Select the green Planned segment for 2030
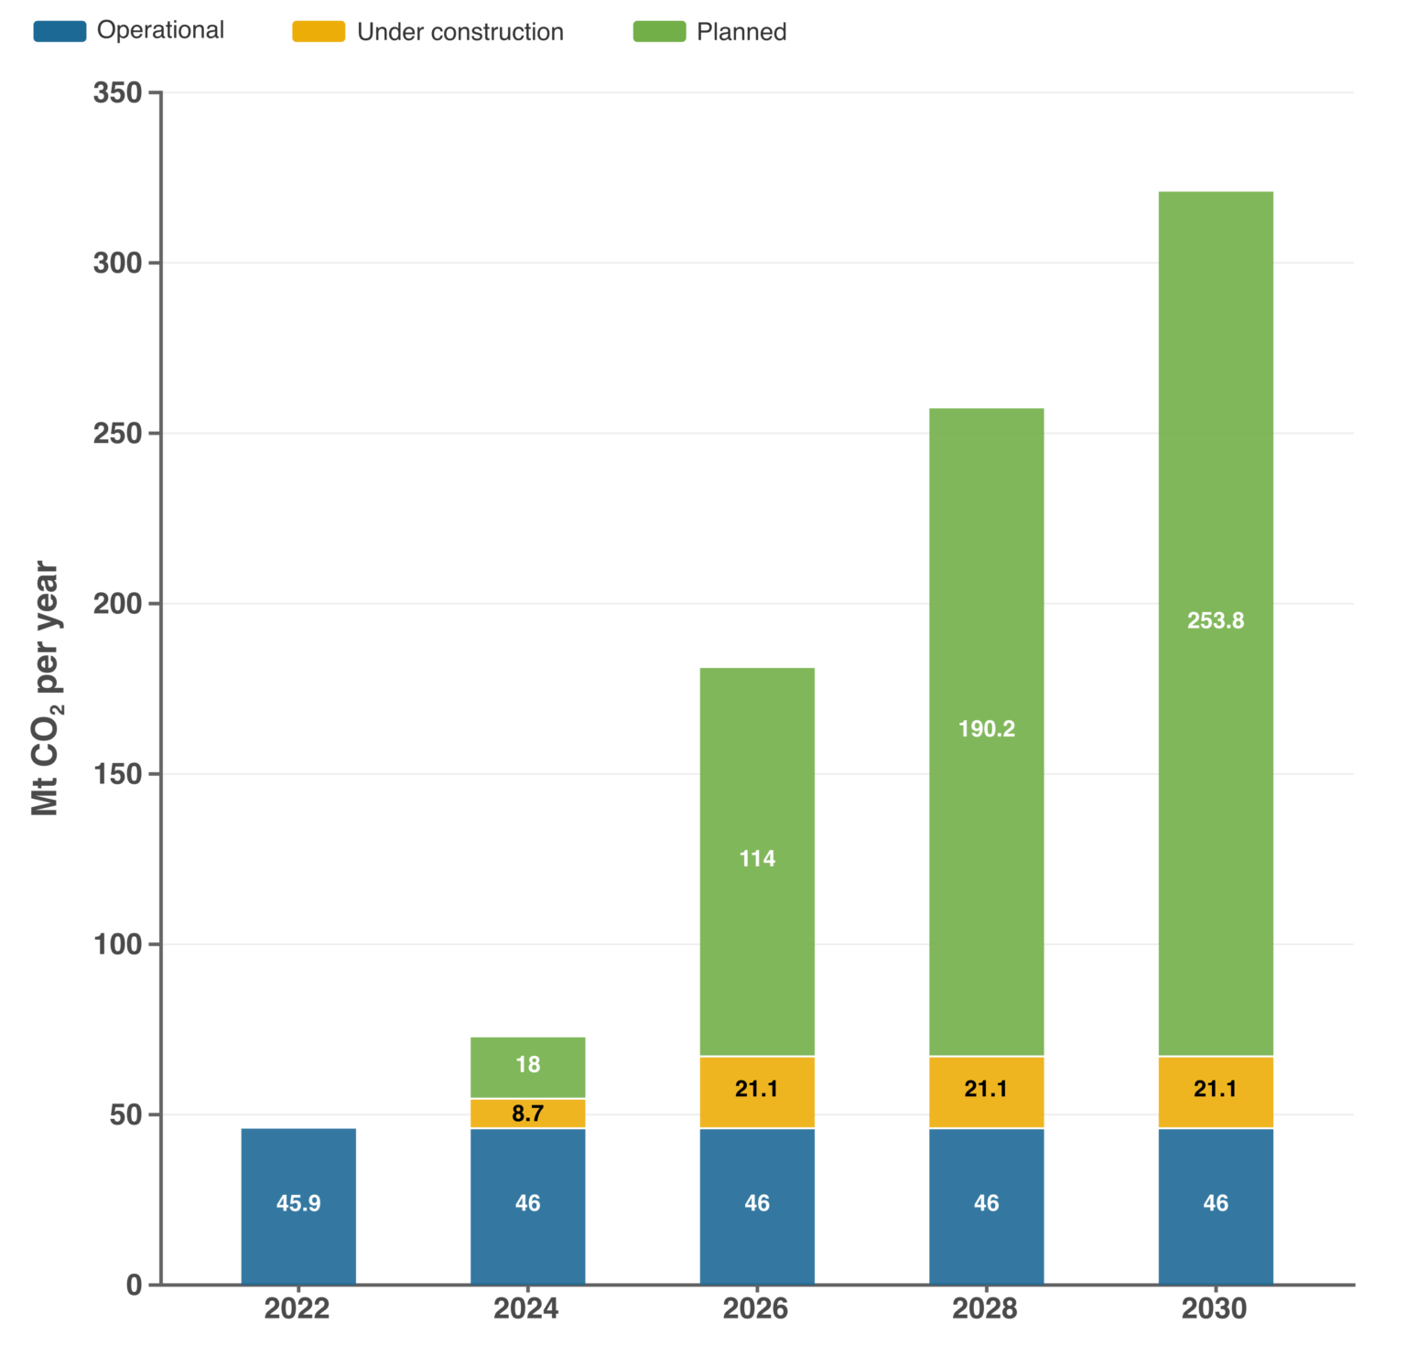[x=1216, y=457]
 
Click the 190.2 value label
[x=986, y=728]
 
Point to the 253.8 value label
[x=1216, y=620]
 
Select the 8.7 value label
[x=527, y=1114]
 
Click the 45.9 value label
[x=298, y=1203]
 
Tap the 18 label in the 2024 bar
[x=527, y=1064]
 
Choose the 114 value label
[x=757, y=858]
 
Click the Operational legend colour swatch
[x=59, y=31]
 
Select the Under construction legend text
[x=460, y=32]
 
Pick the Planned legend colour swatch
[x=659, y=31]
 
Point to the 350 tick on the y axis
[x=118, y=92]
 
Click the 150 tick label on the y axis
[x=118, y=774]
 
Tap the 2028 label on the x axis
[x=985, y=1309]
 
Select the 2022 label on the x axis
[x=297, y=1309]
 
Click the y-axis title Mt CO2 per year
[x=45, y=688]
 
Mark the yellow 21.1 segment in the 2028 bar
[x=986, y=1089]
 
